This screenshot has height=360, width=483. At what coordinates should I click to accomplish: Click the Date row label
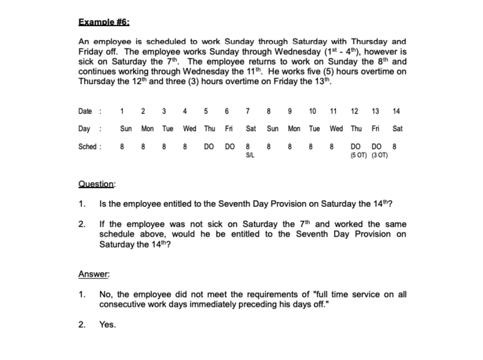pos(86,111)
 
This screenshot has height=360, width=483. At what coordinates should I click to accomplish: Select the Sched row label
pos(88,146)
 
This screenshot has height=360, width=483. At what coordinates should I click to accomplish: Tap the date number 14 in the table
pos(395,111)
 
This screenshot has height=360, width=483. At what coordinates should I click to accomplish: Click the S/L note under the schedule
pos(250,154)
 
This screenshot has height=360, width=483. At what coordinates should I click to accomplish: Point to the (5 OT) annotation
pos(358,154)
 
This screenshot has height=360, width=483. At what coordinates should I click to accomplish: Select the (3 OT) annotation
pos(379,154)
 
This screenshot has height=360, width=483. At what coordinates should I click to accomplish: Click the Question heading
pos(97,184)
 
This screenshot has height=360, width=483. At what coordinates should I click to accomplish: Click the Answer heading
pos(94,274)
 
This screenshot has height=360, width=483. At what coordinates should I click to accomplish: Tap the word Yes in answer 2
pos(108,324)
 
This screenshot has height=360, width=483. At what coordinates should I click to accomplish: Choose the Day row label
pos(85,128)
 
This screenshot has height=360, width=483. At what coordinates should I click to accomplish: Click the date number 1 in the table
pos(122,111)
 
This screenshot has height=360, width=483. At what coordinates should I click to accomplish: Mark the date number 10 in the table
pos(313,111)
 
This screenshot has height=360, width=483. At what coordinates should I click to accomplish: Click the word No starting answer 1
pos(106,294)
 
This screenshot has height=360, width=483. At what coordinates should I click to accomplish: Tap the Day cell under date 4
pos(189,128)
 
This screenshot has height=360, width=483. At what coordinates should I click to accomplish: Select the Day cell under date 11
pos(336,128)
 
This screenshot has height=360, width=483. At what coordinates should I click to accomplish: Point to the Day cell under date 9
pos(294,128)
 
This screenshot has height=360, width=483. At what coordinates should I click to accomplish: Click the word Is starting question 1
pos(103,204)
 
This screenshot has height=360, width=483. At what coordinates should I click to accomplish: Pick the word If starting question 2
pos(102,224)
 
